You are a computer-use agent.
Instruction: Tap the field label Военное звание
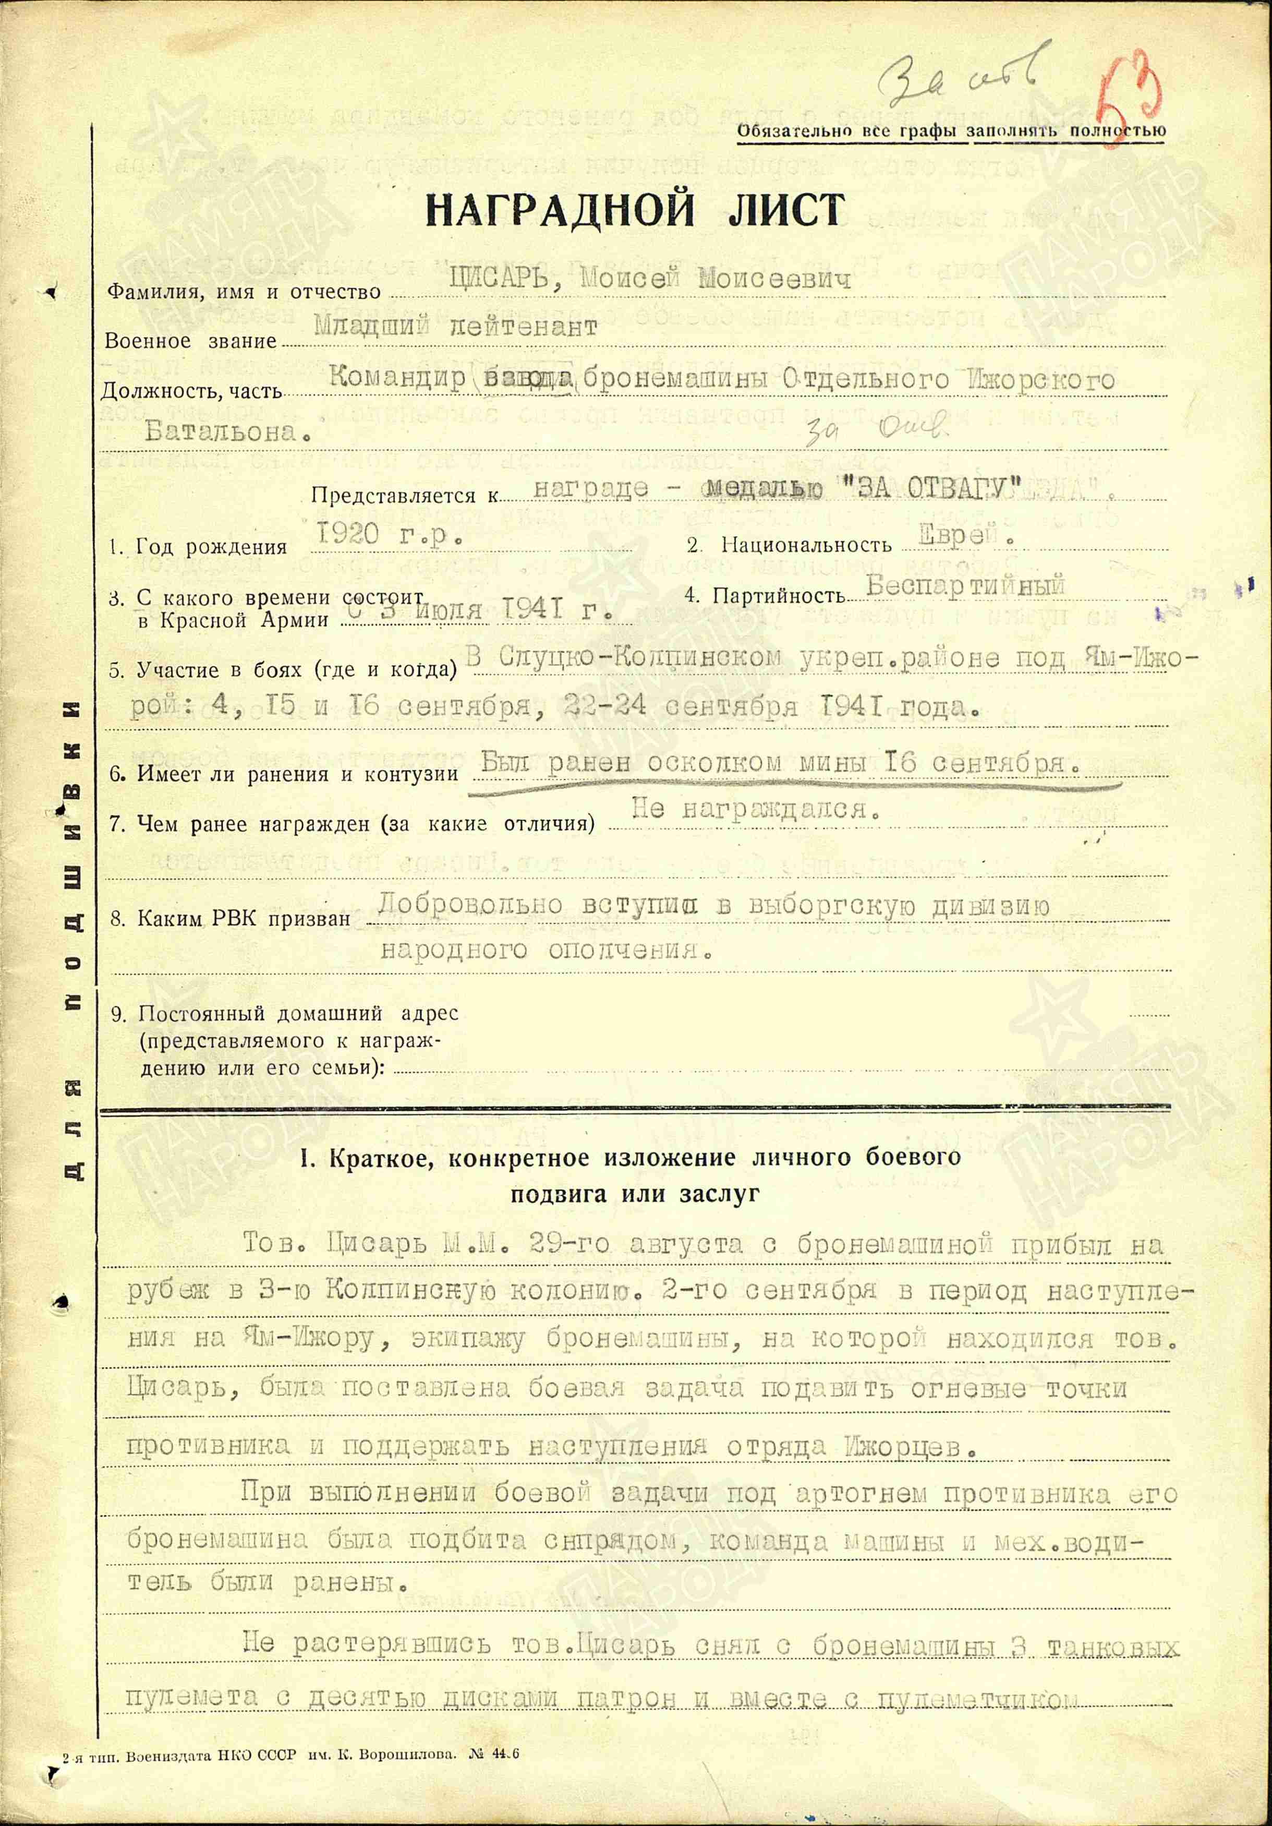pyautogui.click(x=191, y=342)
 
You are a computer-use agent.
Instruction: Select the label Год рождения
pyautogui.click(x=211, y=547)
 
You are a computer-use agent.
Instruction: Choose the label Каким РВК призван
pyautogui.click(x=243, y=919)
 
